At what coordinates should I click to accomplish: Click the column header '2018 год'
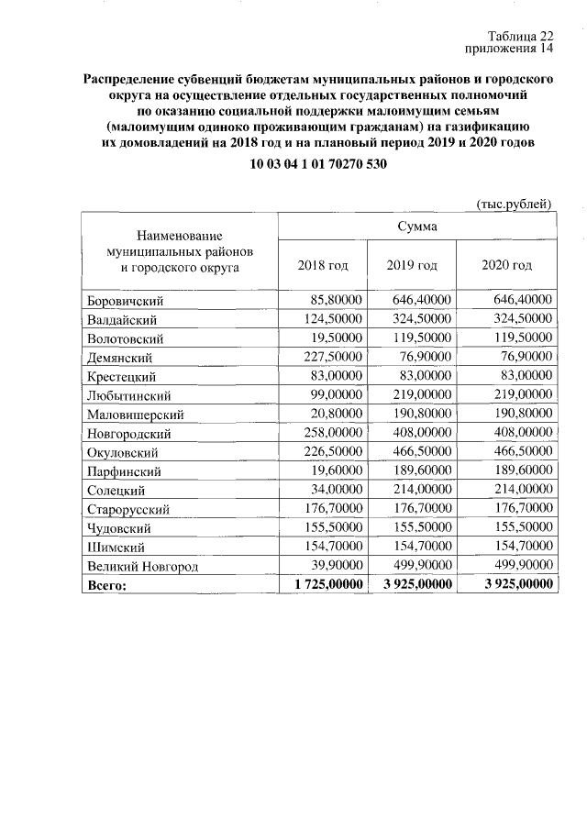(323, 265)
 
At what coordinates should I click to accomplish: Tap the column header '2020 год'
(506, 265)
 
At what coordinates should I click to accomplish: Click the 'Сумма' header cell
(416, 227)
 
